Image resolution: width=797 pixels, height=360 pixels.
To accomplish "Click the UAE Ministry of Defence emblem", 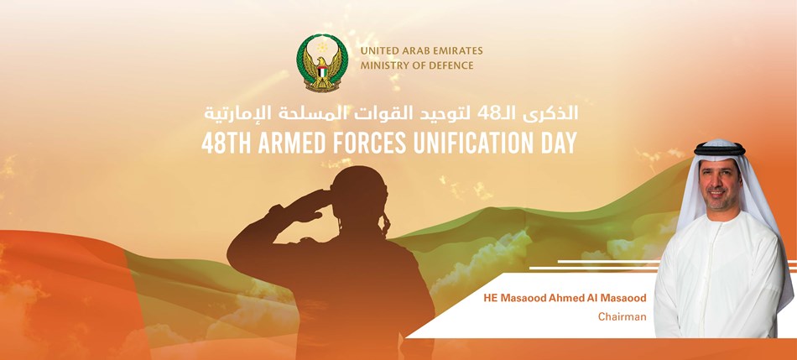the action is tap(322, 63).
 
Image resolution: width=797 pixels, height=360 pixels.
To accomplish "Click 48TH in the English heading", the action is tap(227, 143).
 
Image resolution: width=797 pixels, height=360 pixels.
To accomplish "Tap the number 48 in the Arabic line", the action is tap(487, 114).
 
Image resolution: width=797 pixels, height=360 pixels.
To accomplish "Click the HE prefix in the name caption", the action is tap(491, 298).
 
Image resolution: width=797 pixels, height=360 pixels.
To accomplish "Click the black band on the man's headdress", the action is tap(719, 149).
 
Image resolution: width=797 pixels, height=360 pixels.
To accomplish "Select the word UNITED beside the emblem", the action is tap(378, 51).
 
